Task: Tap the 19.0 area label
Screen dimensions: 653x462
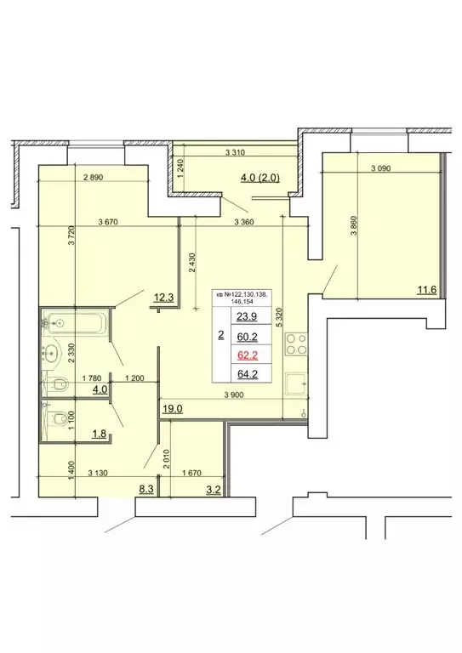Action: (172, 409)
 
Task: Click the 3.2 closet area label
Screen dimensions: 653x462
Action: (212, 490)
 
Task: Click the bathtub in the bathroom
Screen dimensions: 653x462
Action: (76, 323)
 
